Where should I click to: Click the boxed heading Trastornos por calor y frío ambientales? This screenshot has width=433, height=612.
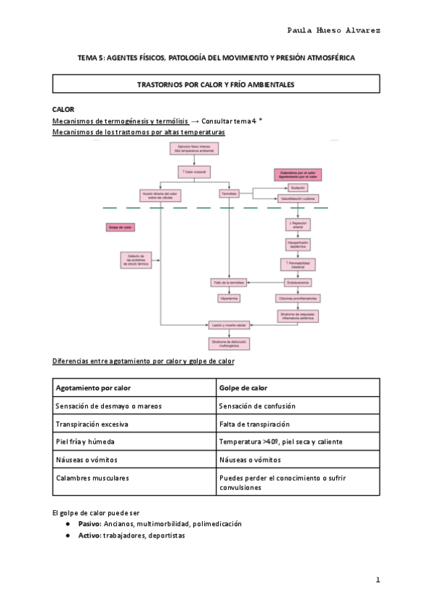pos(216,84)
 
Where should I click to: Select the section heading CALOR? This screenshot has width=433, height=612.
pos(64,109)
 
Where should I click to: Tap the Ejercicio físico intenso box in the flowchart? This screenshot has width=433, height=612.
pos(193,149)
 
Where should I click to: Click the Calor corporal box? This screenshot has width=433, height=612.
pos(193,172)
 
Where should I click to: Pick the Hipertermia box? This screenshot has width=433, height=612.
pos(229,297)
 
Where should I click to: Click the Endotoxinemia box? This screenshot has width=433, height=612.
pos(298,281)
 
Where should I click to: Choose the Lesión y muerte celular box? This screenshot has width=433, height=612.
pos(229,325)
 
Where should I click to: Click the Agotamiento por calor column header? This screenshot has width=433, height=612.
pos(94,388)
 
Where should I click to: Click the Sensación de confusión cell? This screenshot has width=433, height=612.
pos(255,406)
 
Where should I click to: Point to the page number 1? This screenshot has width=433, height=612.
pos(377,580)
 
